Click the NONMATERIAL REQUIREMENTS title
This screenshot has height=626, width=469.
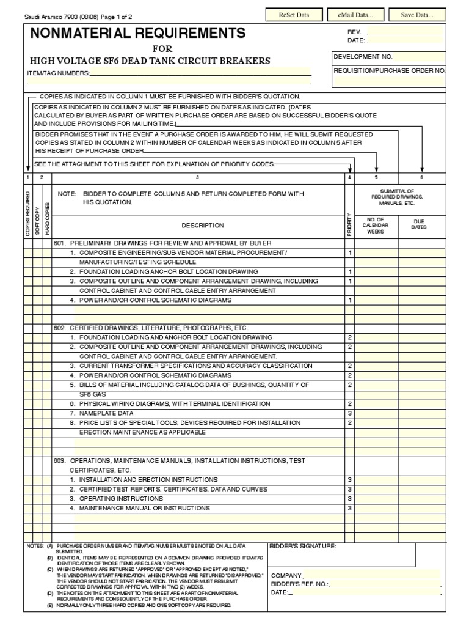point(139,33)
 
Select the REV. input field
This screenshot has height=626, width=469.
point(405,31)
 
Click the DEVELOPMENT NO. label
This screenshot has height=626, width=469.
point(363,56)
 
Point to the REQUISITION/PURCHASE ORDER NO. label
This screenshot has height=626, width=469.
point(390,70)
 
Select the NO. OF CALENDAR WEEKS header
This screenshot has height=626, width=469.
point(375,225)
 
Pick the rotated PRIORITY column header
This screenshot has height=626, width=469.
point(349,224)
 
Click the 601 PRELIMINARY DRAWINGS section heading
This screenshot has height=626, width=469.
point(154,243)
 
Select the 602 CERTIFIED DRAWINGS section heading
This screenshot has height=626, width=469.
point(151,328)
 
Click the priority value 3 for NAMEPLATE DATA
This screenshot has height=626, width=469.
point(349,413)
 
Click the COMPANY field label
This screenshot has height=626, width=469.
point(286,576)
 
